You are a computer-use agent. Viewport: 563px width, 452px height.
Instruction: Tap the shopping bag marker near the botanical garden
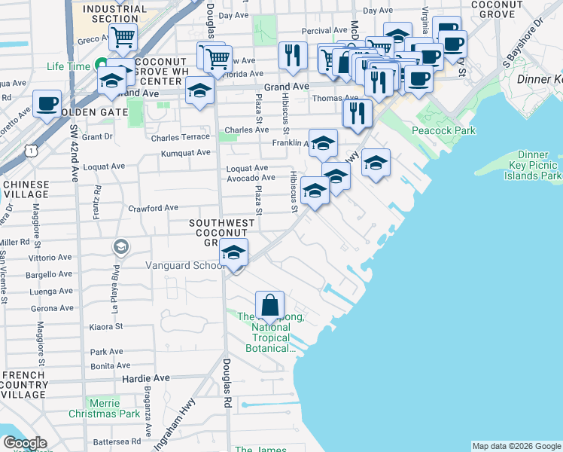[269, 306]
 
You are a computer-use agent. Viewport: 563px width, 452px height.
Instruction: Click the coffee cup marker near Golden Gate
[47, 104]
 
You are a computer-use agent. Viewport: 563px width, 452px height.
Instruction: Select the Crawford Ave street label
[153, 208]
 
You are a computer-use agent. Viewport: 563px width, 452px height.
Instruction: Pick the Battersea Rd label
[116, 441]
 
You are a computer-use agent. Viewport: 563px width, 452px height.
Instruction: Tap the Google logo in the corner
[25, 443]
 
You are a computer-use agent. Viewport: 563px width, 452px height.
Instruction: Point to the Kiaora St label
[106, 327]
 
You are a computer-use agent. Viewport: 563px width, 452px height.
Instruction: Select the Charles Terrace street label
[180, 138]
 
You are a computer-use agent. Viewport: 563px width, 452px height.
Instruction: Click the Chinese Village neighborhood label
[26, 189]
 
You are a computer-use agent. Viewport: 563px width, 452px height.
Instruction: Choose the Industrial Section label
[115, 13]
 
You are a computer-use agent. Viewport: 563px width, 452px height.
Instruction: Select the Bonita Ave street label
[106, 365]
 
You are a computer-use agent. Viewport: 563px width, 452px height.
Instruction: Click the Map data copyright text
[516, 446]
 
